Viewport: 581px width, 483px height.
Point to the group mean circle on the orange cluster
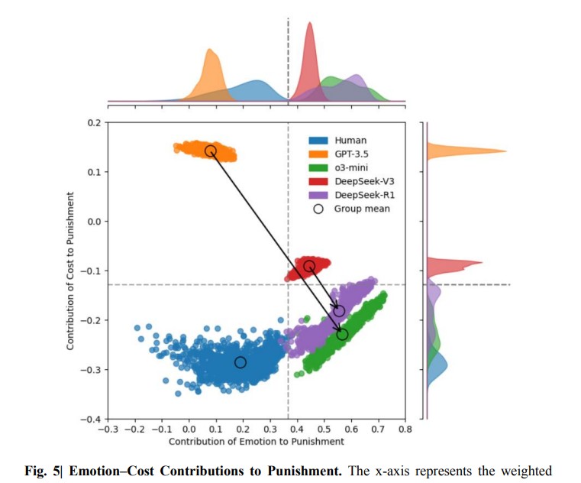(x=210, y=151)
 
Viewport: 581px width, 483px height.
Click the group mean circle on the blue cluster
(x=240, y=361)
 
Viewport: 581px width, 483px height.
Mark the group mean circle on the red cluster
(x=309, y=266)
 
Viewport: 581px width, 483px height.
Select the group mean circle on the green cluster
(x=342, y=334)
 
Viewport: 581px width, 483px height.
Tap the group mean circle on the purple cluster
(x=339, y=311)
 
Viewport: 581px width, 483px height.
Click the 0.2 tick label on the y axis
(x=92, y=123)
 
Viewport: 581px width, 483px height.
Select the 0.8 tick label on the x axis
(x=405, y=430)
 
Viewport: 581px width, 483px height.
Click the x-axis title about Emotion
(x=256, y=442)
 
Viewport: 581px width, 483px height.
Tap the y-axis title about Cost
(x=70, y=271)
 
